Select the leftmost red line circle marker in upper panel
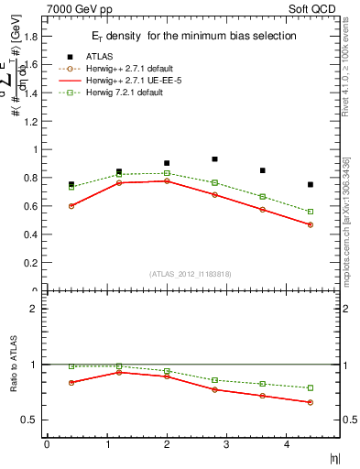[71, 206]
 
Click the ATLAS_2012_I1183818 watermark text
[190, 274]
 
